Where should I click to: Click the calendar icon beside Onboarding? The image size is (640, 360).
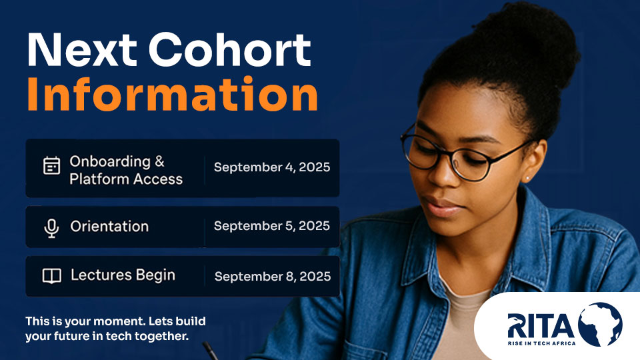click(x=51, y=165)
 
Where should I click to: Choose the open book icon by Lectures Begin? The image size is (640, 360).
click(x=51, y=275)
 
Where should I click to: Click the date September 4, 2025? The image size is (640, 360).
click(x=271, y=167)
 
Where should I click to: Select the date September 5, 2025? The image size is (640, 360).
click(x=271, y=226)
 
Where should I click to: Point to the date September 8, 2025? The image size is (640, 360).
click(x=272, y=276)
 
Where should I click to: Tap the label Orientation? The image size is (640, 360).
click(x=109, y=227)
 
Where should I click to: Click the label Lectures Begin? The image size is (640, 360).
click(x=123, y=275)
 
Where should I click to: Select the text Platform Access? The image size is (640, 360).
click(x=126, y=179)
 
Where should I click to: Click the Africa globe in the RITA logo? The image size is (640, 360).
click(x=599, y=325)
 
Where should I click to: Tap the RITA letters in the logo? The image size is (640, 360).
click(x=540, y=325)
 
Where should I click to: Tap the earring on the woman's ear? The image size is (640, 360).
click(x=527, y=178)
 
